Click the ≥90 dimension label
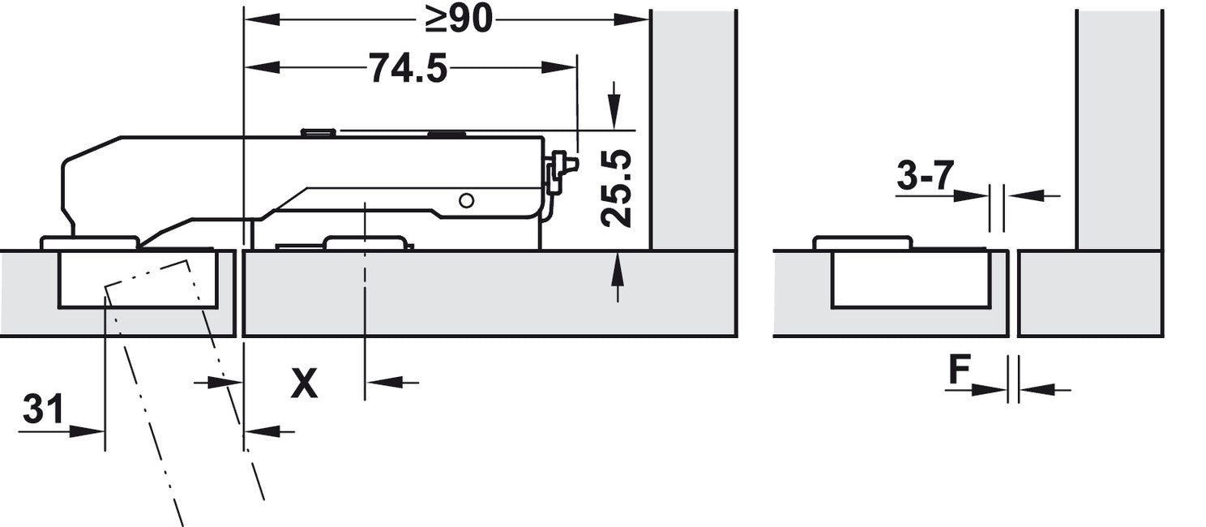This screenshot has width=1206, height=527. tap(459, 20)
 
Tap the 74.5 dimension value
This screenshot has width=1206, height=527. tap(408, 68)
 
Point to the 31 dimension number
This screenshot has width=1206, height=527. tap(43, 409)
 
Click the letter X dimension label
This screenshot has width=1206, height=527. tap(304, 383)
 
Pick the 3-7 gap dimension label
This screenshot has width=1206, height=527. tap(925, 175)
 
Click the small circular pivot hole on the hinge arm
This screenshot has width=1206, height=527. tap(467, 201)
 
